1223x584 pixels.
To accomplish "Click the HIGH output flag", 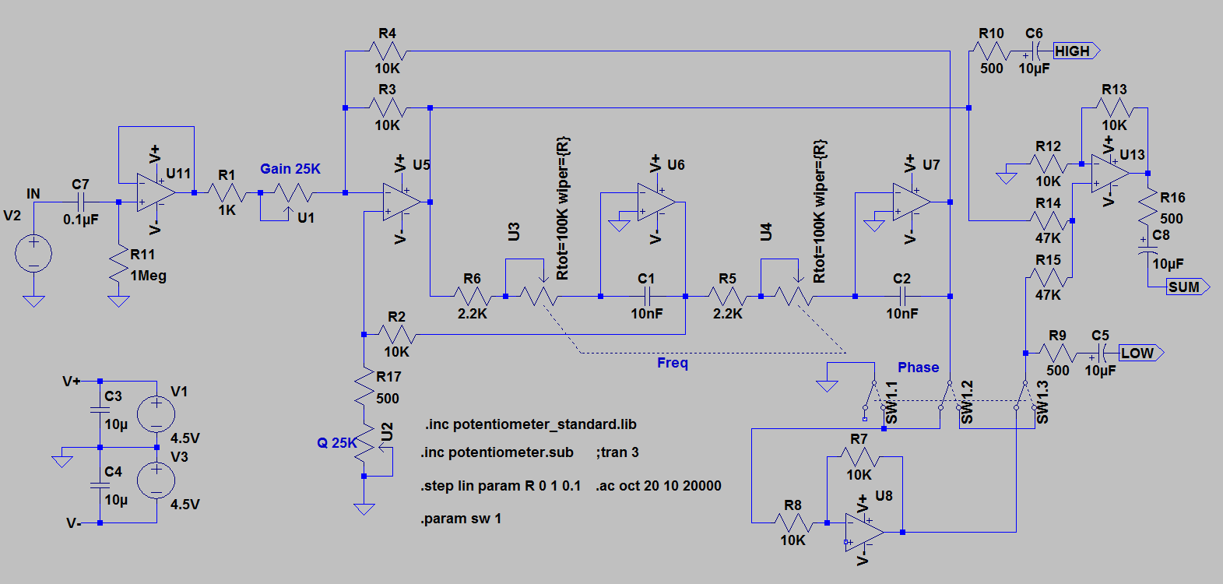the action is tap(1076, 51).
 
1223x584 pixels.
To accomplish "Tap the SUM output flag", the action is tap(1187, 287).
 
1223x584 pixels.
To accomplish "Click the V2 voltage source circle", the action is tap(33, 254).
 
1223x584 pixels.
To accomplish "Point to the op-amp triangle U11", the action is tap(156, 193).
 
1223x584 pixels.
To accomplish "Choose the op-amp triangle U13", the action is tap(1111, 174).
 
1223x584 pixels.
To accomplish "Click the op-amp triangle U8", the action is tap(864, 532).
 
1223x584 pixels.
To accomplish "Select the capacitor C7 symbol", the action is tap(81, 202).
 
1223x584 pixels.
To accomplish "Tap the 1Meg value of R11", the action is tap(149, 276).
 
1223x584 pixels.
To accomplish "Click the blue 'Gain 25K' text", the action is tap(290, 169).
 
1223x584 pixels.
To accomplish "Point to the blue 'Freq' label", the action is tap(672, 364).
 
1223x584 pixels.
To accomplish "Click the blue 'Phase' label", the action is tap(919, 367).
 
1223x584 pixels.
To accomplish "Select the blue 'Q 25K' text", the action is tap(336, 442).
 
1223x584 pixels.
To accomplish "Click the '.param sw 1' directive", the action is tap(461, 519).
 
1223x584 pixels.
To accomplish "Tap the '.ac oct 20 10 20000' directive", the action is tap(659, 486).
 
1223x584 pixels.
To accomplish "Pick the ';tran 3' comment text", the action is tap(617, 452).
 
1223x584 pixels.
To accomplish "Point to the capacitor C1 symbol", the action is tap(646, 297).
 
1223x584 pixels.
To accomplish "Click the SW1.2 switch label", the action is tap(967, 402).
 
